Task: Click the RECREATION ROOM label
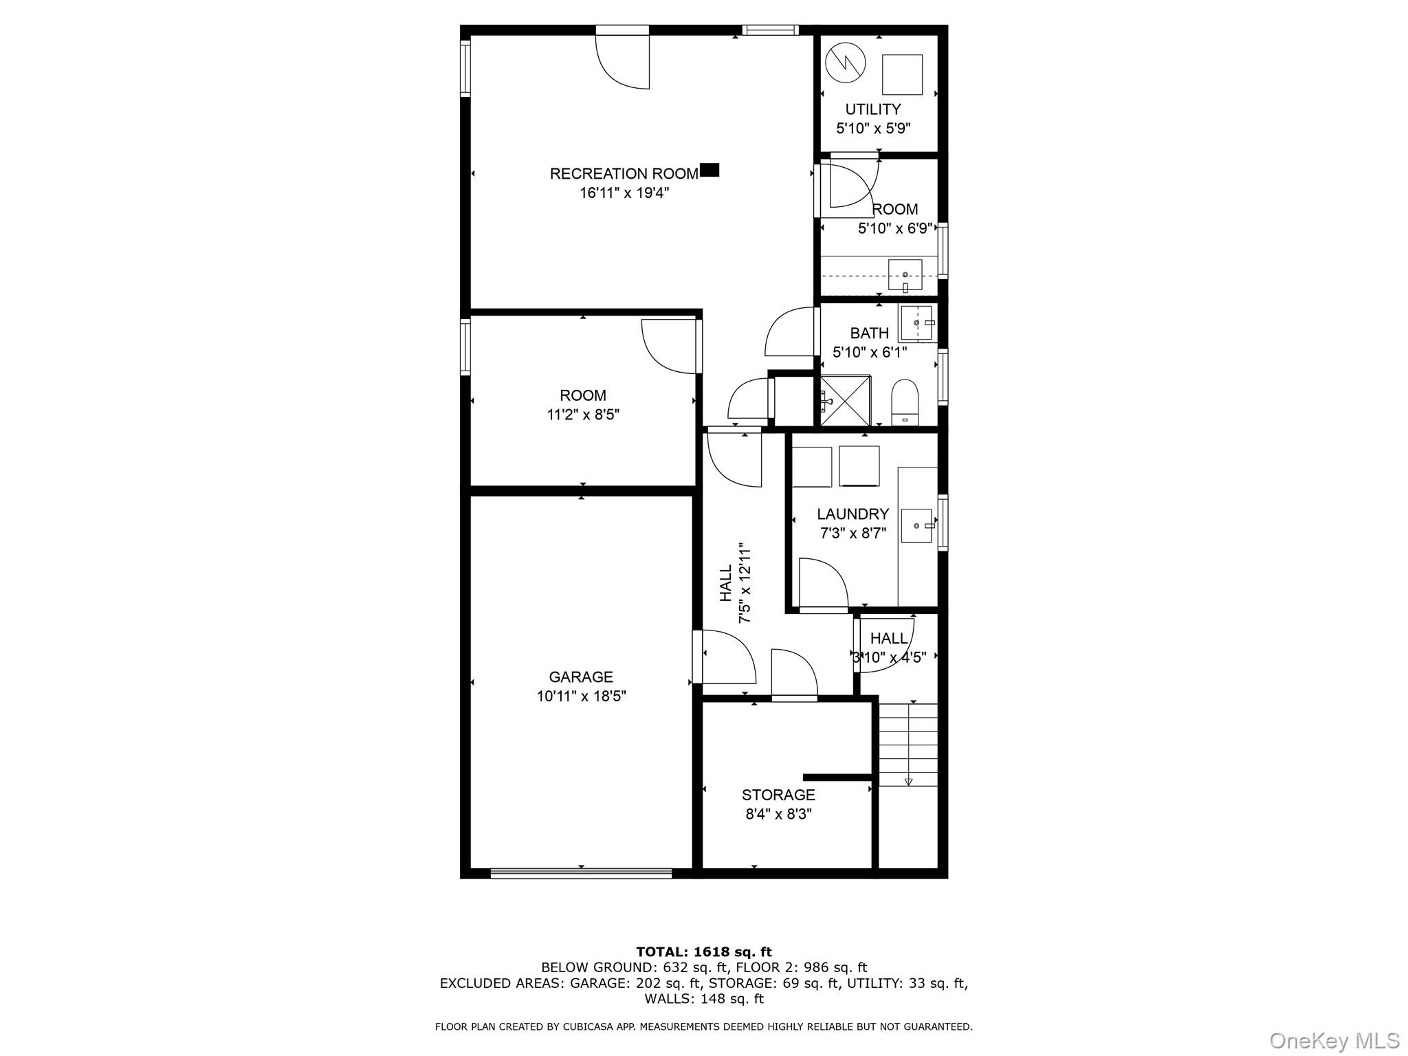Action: click(624, 174)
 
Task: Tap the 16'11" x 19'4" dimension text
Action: click(624, 193)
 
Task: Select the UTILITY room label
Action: click(872, 109)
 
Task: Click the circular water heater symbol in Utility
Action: click(844, 64)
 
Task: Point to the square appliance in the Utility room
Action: click(902, 74)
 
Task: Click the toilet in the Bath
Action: click(905, 402)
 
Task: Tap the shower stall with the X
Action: click(846, 400)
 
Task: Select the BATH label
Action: click(869, 333)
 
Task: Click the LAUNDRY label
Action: click(852, 514)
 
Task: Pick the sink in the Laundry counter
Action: click(917, 526)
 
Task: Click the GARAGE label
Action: click(581, 677)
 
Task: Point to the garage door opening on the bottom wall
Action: click(581, 873)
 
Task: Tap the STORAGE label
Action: click(778, 795)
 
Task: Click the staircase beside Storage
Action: click(908, 744)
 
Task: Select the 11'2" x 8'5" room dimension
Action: click(583, 415)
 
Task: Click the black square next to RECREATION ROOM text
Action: click(709, 170)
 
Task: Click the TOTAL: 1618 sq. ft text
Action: click(703, 952)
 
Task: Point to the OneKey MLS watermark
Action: click(1334, 1040)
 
